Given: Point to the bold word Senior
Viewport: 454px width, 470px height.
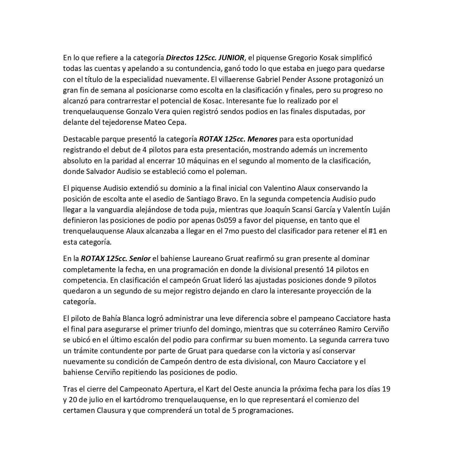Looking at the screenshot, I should pyautogui.click(x=140, y=258).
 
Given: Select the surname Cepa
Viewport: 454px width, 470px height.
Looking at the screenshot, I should pyautogui.click(x=177, y=122).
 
